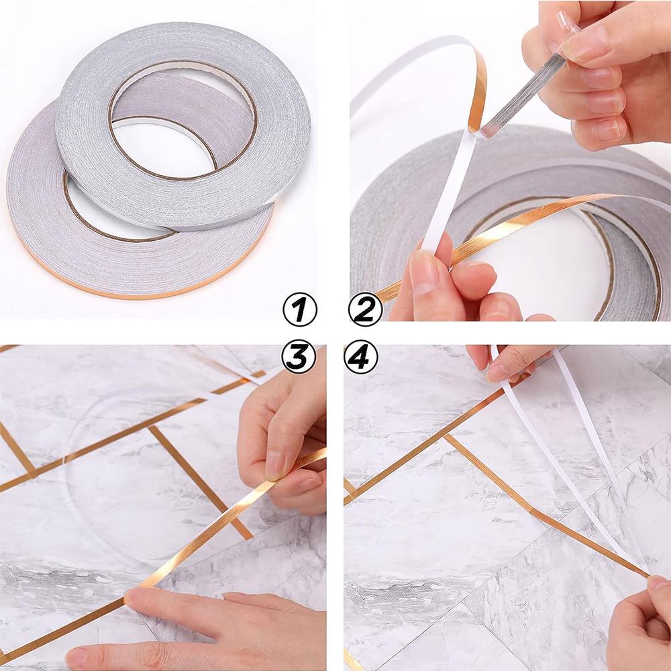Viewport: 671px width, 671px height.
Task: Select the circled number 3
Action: pos(299,356)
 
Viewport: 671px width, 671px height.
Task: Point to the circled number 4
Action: pos(361,356)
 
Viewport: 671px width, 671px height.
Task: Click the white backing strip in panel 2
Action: pos(446,195)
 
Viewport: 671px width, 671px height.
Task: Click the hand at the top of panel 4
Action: pos(510,362)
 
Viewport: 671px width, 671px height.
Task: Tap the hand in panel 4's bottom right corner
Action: pos(641,624)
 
